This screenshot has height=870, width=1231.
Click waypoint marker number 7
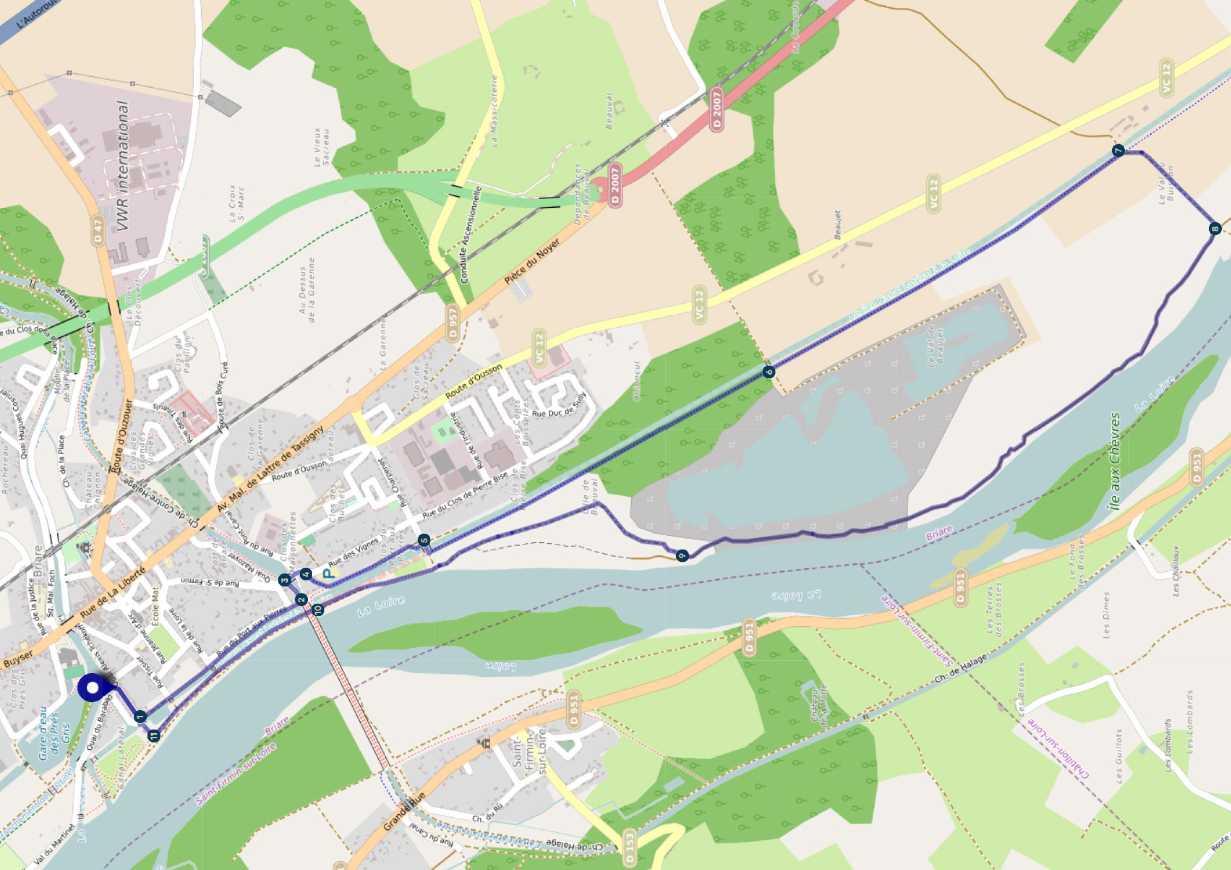click(1118, 150)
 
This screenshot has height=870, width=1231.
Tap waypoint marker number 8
click(1215, 229)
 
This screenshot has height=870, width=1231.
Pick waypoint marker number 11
click(154, 736)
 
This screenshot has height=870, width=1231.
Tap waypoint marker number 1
click(140, 716)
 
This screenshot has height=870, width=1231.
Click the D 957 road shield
click(453, 323)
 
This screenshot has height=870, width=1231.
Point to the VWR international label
click(123, 166)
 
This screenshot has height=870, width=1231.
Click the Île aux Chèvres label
click(1115, 461)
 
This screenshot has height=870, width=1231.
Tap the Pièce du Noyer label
click(532, 261)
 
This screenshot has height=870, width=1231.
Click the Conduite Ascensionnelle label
click(472, 234)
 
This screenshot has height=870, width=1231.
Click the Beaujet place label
click(838, 225)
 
